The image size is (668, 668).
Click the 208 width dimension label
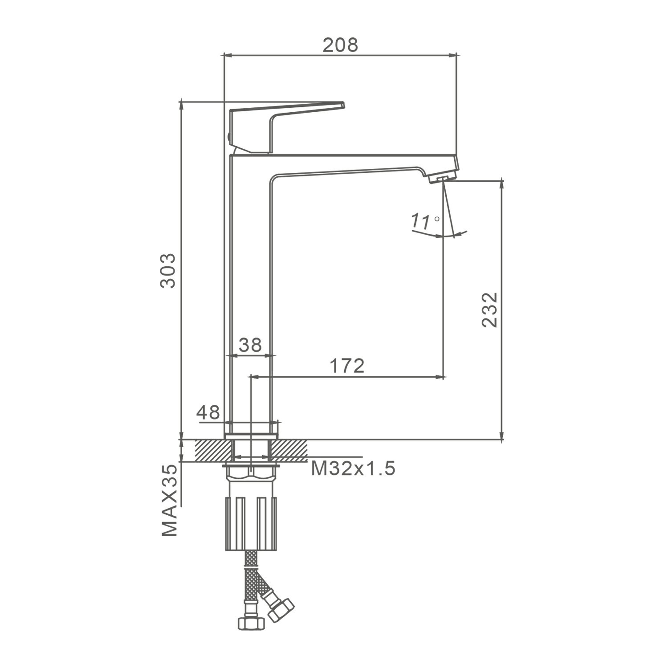pos(340,45)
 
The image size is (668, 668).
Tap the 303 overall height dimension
pos(168,271)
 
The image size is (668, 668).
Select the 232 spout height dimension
pos(489,310)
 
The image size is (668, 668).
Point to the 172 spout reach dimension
pos(347,366)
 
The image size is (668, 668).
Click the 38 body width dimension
pos(250,345)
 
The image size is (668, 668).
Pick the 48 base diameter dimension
pos(208,412)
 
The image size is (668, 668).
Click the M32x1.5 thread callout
pos(353,468)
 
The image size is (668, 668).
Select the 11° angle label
pos(425,220)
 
